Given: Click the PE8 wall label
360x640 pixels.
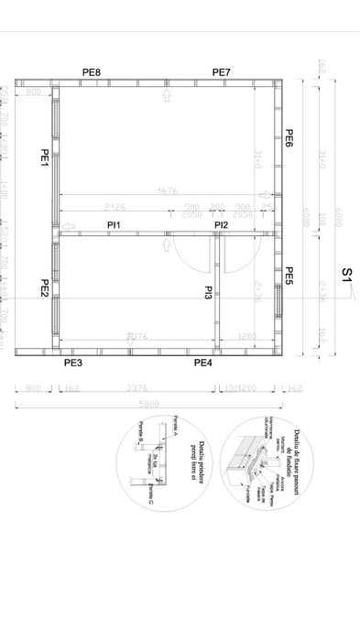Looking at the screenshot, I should tap(92, 72).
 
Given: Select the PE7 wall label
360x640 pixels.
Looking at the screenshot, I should tap(222, 72).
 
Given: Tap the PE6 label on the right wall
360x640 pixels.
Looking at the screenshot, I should tap(289, 138).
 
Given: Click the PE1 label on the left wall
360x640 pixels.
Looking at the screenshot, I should tap(44, 157).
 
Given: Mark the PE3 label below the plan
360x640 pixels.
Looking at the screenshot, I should tap(73, 363).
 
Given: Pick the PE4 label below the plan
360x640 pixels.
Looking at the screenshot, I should tap(202, 363).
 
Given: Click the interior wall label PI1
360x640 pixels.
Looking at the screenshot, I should tap(114, 224).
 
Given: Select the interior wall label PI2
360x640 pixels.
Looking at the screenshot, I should tap(222, 224).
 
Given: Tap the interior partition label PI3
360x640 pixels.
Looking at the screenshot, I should tap(209, 293).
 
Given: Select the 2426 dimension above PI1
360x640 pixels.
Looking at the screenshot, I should tap(115, 207).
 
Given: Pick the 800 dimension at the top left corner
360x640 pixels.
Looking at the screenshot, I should tap(34, 94).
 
